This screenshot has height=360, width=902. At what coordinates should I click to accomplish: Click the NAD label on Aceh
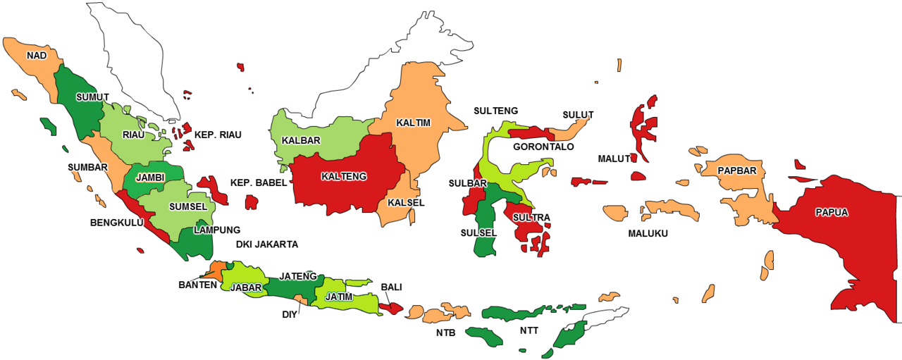37,55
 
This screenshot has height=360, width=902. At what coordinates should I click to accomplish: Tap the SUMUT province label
92,97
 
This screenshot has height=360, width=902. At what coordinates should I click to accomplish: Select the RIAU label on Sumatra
134,135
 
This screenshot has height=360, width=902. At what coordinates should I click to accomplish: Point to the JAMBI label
150,178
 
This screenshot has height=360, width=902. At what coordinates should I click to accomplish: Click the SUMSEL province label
188,207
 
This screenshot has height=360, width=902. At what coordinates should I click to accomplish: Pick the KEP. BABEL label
259,183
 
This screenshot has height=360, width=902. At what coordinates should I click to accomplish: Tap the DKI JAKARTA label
267,244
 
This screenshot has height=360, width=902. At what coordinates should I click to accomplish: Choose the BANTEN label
197,285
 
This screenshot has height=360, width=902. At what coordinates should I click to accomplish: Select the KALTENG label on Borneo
343,176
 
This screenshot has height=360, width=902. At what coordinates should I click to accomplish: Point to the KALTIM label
413,123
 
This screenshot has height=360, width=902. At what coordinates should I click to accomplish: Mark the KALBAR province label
301,140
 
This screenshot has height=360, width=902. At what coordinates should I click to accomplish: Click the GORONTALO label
543,147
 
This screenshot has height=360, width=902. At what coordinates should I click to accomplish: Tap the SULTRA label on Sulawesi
531,217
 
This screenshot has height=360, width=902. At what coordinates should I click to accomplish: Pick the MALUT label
614,159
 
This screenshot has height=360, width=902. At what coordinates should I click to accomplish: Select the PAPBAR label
737,170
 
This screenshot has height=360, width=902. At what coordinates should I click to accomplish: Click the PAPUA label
832,211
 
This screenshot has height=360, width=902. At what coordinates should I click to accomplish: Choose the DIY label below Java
290,314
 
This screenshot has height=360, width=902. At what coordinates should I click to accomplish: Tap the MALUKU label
648,233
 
